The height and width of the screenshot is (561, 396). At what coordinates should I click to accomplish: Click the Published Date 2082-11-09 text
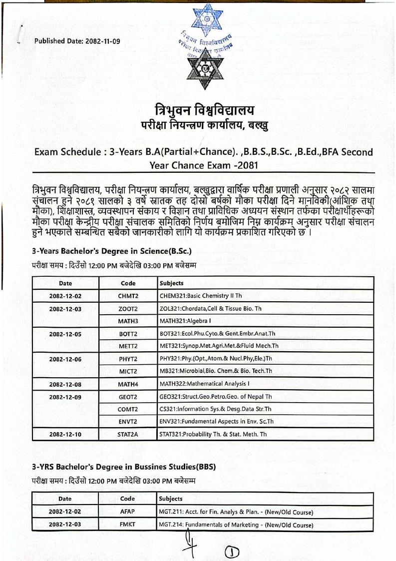(77, 41)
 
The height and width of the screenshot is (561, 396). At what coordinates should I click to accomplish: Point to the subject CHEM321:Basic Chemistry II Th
(205, 295)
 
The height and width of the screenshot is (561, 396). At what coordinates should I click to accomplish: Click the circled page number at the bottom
(234, 552)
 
